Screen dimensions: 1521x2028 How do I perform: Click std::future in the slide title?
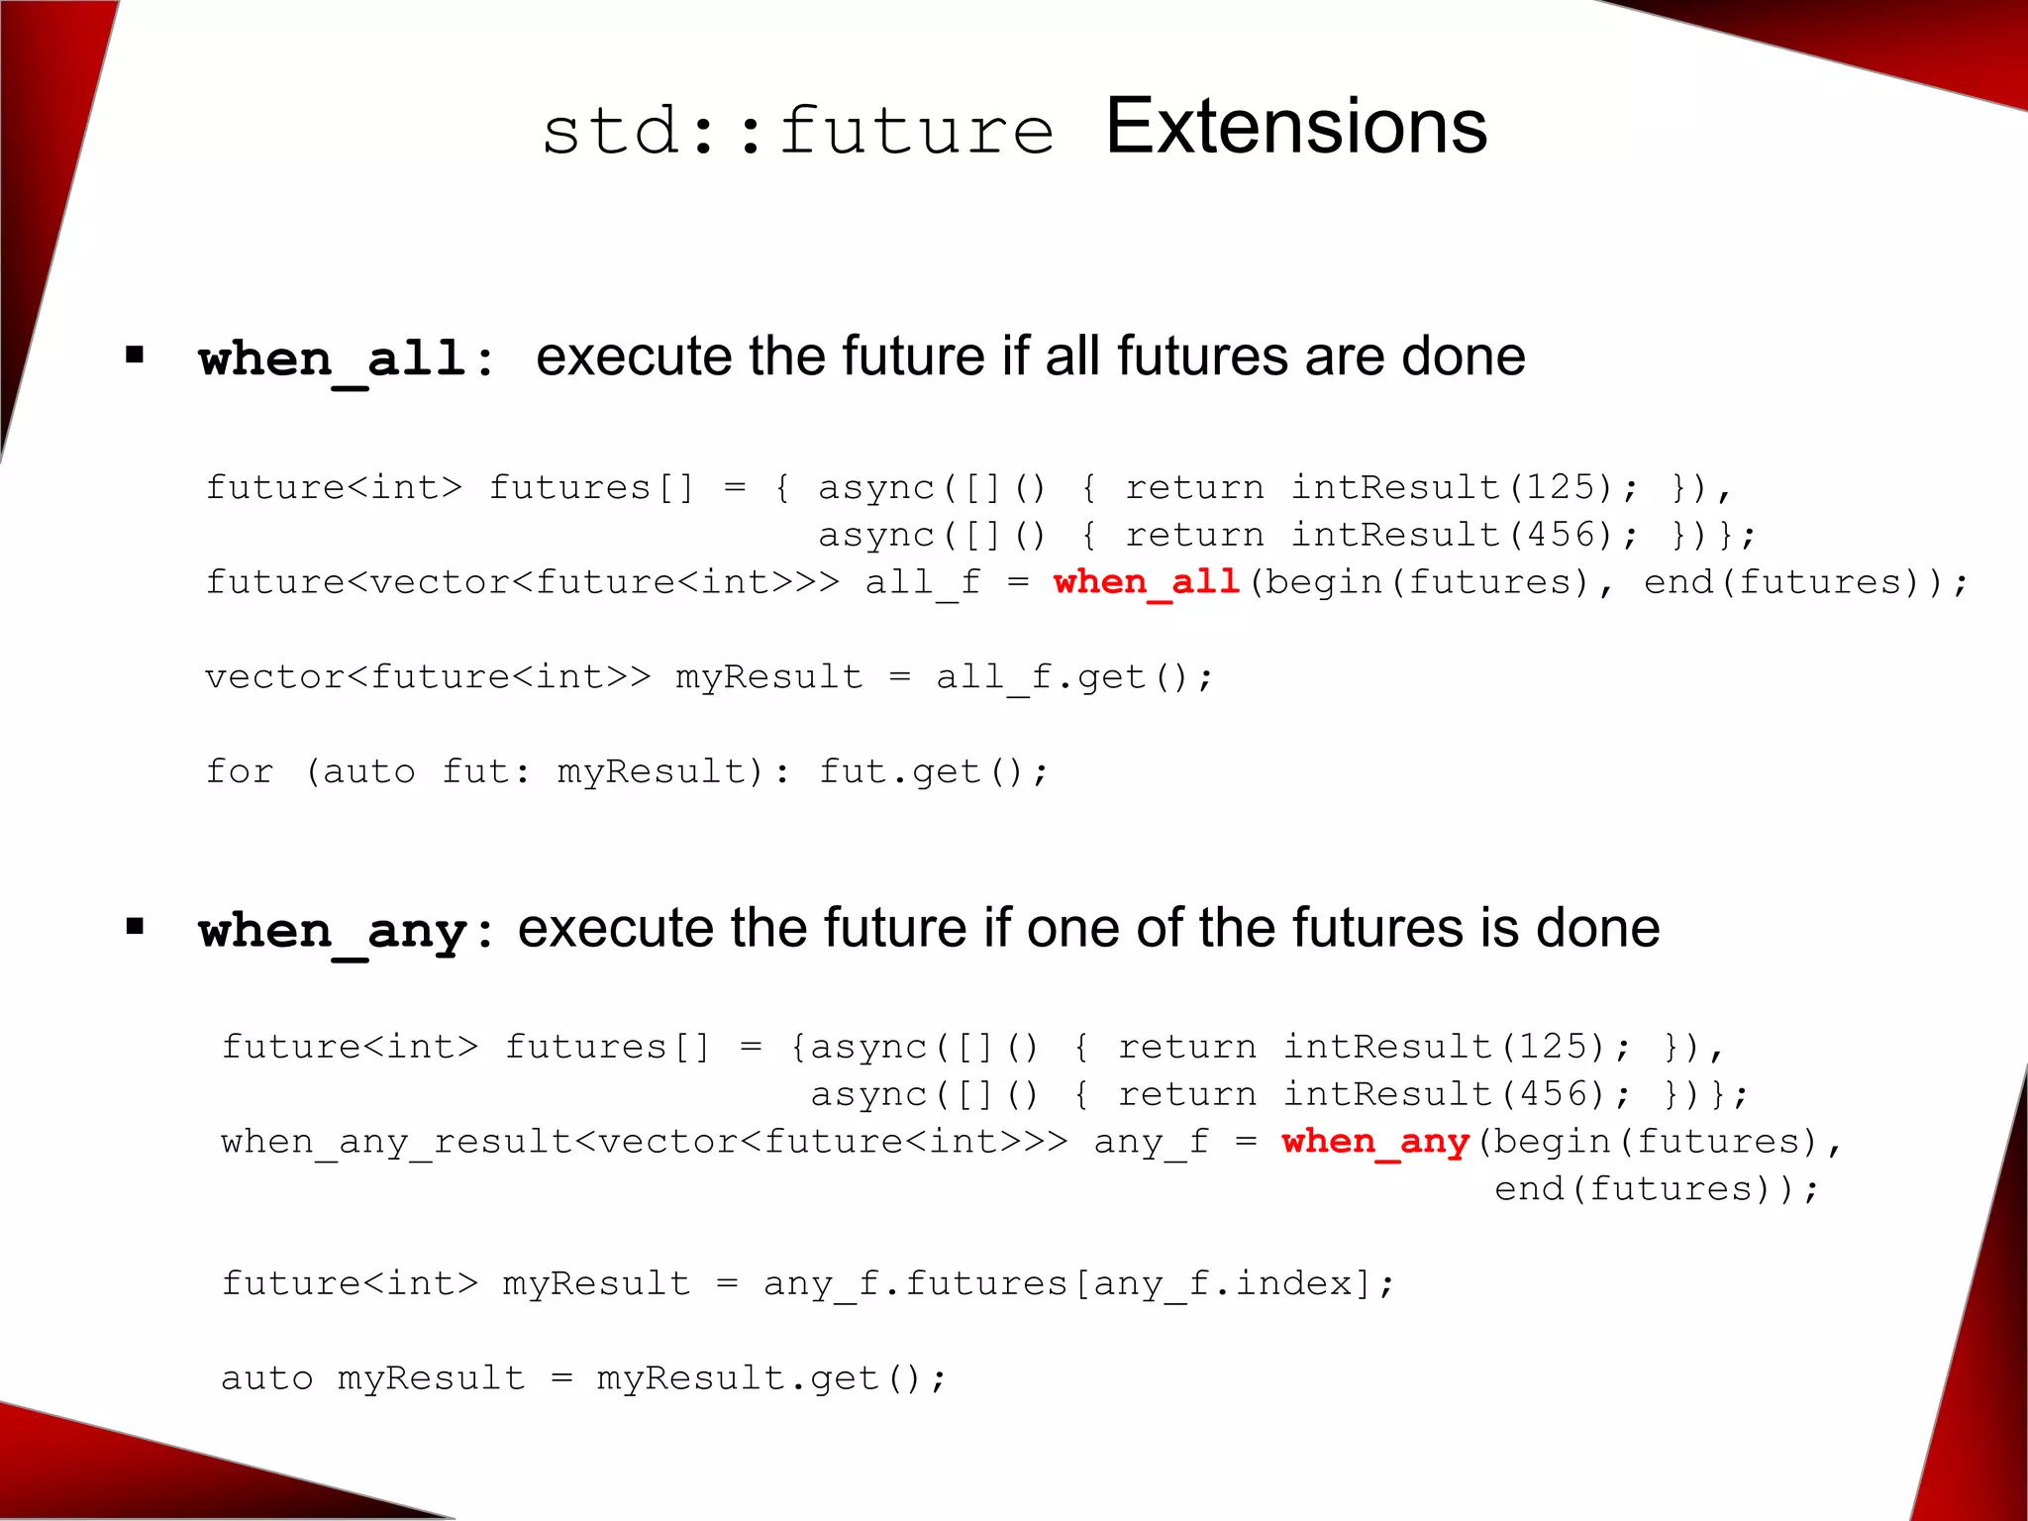pos(798,132)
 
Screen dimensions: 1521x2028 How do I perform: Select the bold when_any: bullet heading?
pos(346,931)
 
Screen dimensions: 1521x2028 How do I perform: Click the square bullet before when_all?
pos(136,355)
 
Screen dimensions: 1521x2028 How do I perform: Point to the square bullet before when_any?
pos(136,927)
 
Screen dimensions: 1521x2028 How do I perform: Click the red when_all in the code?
pos(1147,581)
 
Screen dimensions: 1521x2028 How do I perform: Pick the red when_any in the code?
pos(1374,1141)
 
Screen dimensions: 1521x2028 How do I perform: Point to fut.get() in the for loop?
pos(932,771)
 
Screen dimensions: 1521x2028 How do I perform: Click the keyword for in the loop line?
pos(240,771)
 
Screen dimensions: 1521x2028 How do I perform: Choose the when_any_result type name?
pos(396,1142)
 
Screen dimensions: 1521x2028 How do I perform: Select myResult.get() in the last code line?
pos(770,1378)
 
